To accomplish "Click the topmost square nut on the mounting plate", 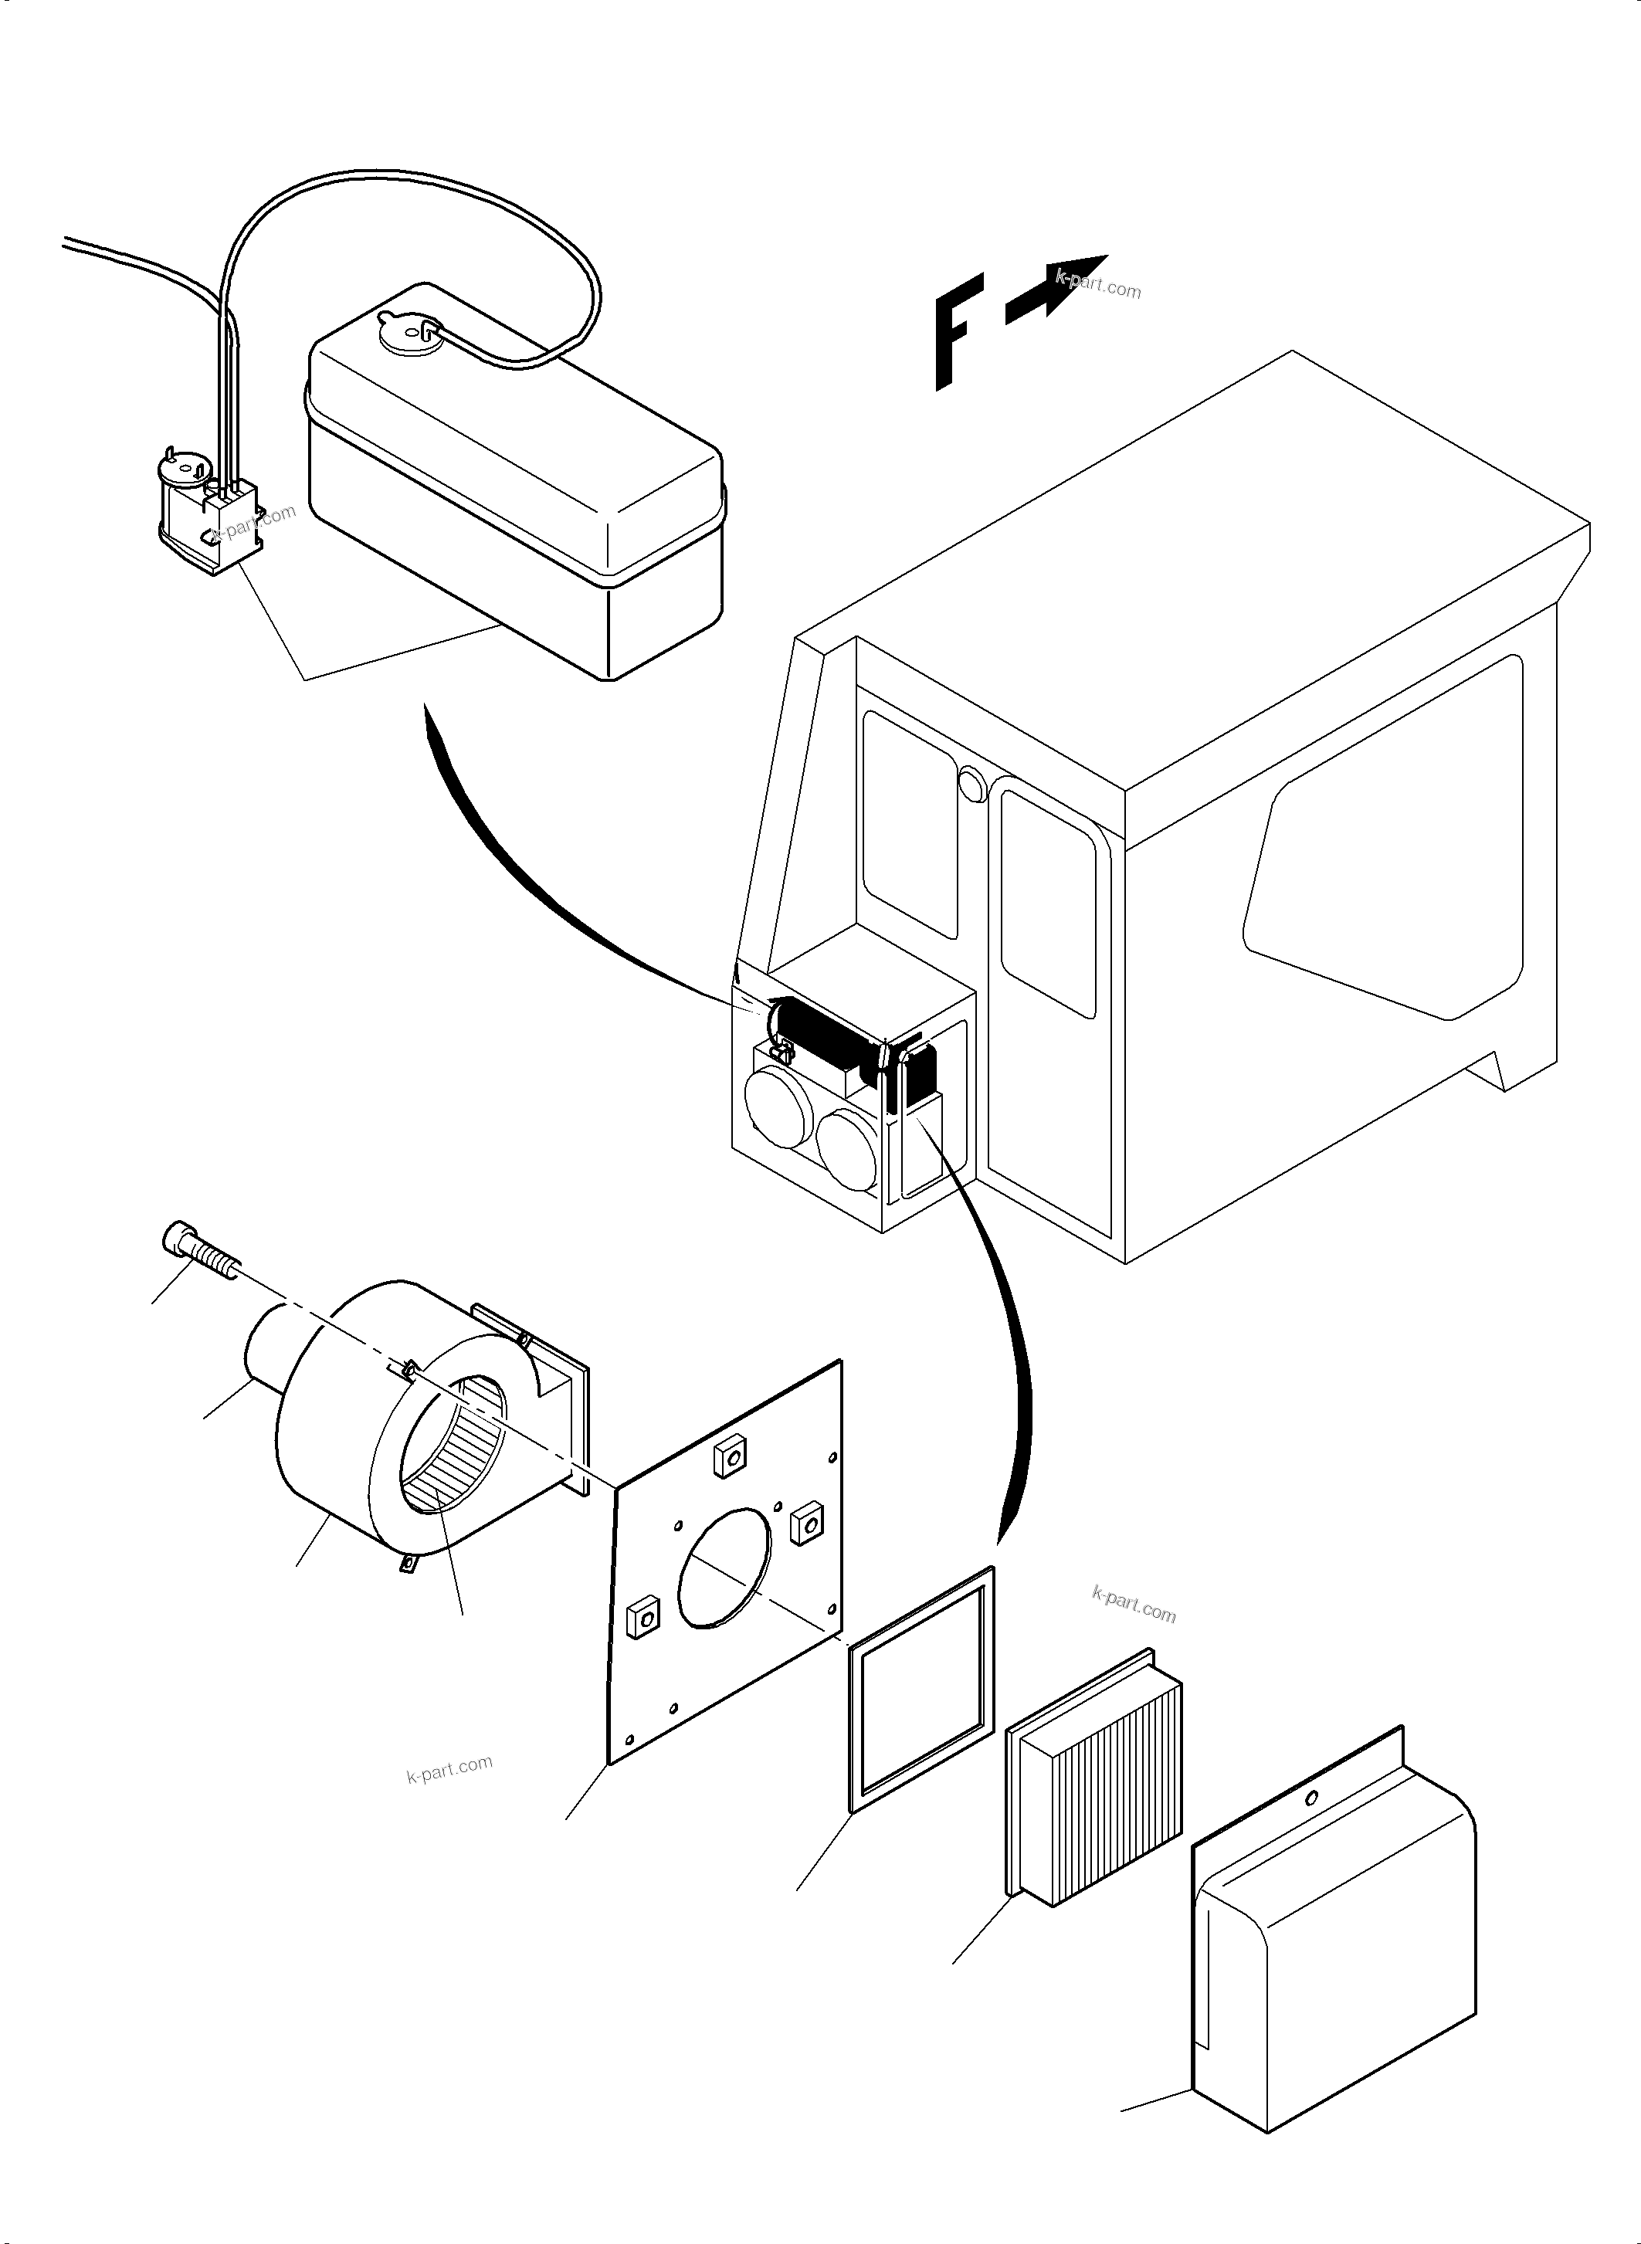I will pyautogui.click(x=731, y=1457).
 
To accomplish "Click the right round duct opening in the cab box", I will pyautogui.click(x=849, y=1151).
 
